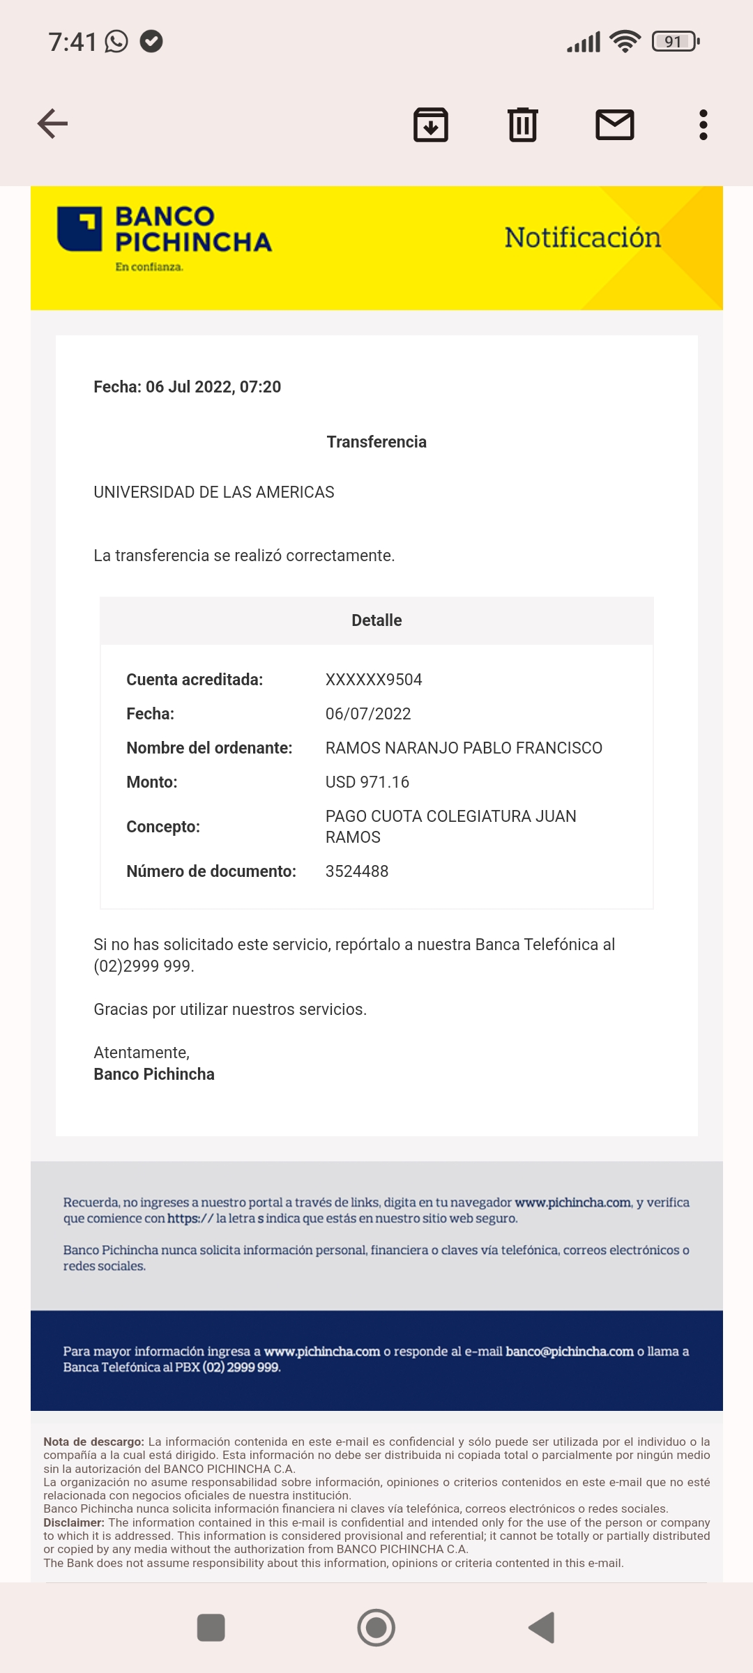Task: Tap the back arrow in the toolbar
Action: coord(52,124)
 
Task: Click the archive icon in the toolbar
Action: coord(431,125)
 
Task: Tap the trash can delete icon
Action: coord(523,125)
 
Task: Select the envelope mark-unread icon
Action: coord(614,125)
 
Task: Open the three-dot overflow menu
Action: coord(703,125)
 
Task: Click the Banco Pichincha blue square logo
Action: coord(79,229)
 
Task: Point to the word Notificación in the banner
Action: coord(582,238)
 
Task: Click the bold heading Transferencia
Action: coord(376,442)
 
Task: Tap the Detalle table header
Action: coord(376,620)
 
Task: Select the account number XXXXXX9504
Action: coord(374,680)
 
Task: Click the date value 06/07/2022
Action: coord(368,714)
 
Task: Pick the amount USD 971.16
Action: coord(367,782)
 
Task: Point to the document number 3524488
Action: coord(357,871)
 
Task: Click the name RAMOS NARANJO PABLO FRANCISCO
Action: coord(464,748)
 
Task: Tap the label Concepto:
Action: coord(163,827)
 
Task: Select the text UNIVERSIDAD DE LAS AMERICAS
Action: coord(214,492)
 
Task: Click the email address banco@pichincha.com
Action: coord(570,1351)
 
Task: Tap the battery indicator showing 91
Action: coord(674,42)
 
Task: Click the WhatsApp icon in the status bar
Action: coord(116,42)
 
